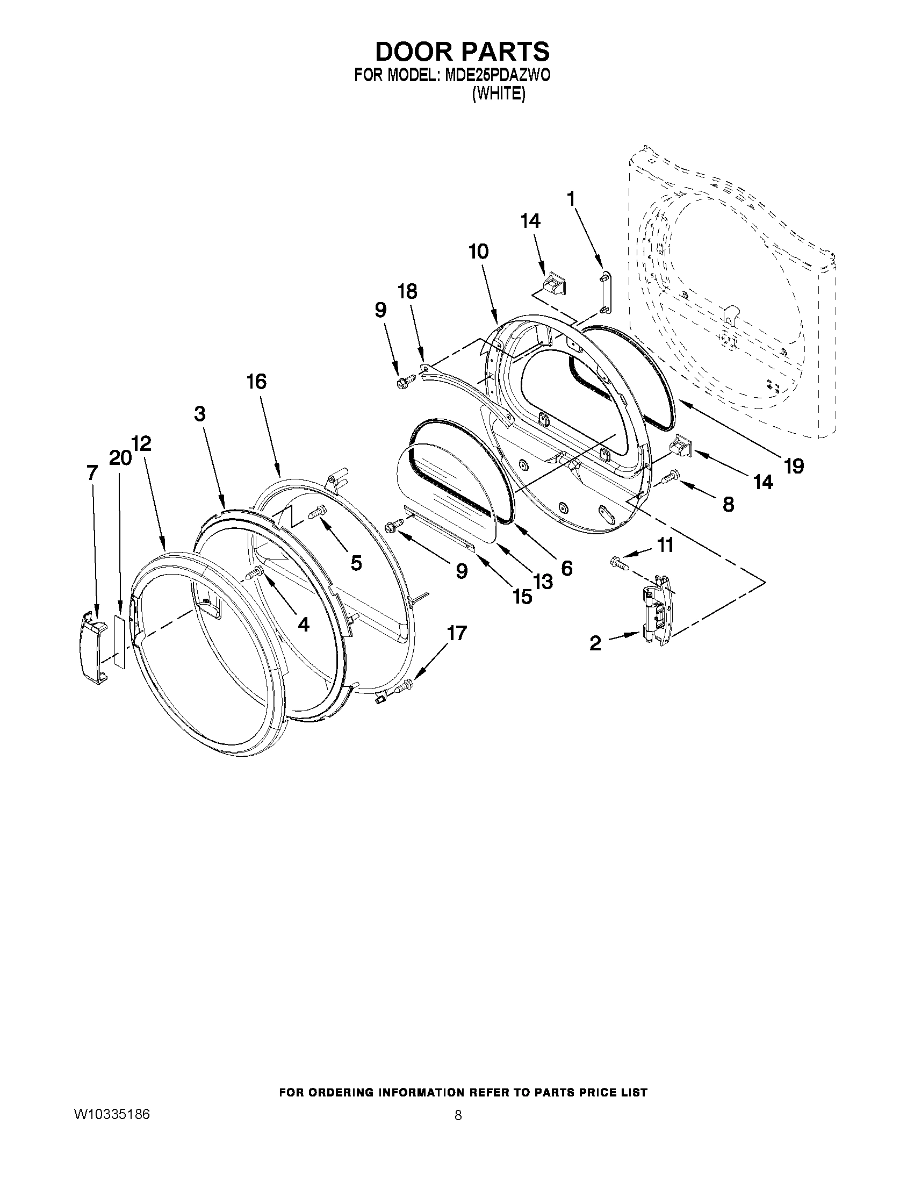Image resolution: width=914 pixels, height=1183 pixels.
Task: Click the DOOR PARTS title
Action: [x=462, y=52]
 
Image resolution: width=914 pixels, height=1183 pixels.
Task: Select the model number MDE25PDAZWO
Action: [x=497, y=75]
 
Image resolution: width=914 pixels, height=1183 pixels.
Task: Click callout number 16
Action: [x=257, y=382]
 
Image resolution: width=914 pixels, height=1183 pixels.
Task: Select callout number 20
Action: [x=119, y=458]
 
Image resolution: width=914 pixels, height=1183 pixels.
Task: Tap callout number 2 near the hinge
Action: [x=595, y=643]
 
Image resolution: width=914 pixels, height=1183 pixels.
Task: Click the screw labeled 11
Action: [x=618, y=563]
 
